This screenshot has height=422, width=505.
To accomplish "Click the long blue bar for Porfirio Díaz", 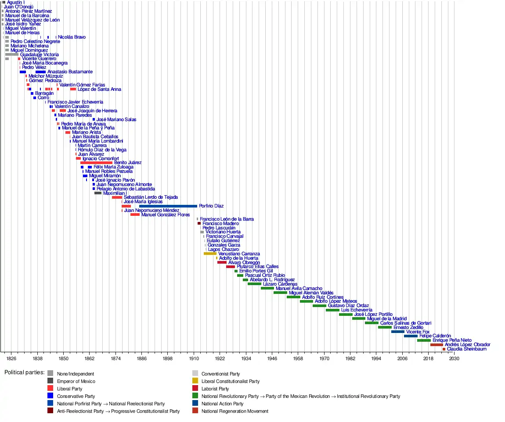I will (x=168, y=206).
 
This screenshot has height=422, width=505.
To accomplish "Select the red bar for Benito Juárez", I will (x=96, y=163).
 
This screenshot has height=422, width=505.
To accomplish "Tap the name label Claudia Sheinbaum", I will (x=467, y=349).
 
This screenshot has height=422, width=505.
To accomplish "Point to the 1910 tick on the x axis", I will (x=194, y=359).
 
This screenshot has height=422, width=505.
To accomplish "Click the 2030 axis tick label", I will (x=454, y=359).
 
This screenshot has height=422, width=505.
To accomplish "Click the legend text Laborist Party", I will (x=215, y=389).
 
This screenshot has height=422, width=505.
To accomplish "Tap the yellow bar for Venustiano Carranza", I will (x=210, y=254).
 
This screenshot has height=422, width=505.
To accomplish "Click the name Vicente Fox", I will (x=418, y=332).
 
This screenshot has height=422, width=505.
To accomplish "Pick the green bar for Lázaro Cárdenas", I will (x=254, y=284).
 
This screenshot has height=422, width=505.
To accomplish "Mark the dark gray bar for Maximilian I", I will (x=98, y=193).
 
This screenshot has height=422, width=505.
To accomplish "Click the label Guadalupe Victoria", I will (x=40, y=55).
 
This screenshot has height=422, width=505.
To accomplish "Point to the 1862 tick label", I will (x=89, y=359).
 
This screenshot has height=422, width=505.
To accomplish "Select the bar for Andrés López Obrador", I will (x=436, y=345).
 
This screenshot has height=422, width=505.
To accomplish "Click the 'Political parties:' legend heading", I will (x=25, y=372).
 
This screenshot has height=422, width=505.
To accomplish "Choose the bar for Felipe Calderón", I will (x=411, y=336).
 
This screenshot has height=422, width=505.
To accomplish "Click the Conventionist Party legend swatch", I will (x=195, y=374).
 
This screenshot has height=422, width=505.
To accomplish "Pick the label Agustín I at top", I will (x=16, y=3).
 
